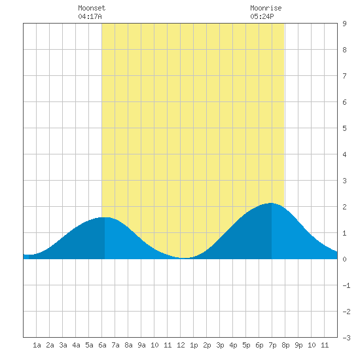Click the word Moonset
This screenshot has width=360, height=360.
click(92, 8)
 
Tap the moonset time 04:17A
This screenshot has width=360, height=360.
click(90, 16)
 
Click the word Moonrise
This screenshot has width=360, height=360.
click(266, 8)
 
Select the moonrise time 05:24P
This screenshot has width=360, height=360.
click(262, 16)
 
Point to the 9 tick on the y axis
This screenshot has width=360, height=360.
click(344, 24)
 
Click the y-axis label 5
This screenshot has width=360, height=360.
click(344, 128)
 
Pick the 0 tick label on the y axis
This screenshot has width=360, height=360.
click(344, 259)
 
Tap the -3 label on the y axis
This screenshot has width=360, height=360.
click(346, 338)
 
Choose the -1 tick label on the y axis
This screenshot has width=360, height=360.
click(346, 285)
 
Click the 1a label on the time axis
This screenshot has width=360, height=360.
click(37, 345)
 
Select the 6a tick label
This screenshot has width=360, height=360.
click(102, 345)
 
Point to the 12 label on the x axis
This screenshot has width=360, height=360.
click(181, 345)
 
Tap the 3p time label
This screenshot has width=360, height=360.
click(220, 345)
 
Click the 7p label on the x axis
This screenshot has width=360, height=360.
click(272, 345)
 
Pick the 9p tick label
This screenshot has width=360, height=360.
click(298, 345)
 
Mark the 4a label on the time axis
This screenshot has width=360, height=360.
click(76, 345)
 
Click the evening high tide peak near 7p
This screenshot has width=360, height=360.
click(272, 203)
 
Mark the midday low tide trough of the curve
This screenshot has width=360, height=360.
click(185, 258)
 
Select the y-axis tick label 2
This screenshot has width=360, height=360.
click(344, 207)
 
